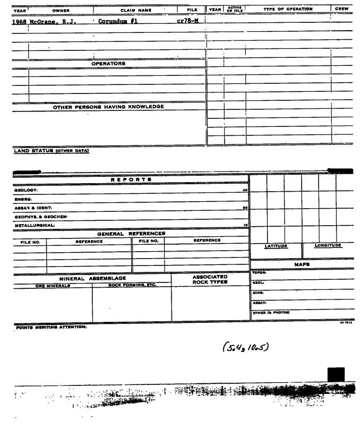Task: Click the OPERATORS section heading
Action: pos(108,63)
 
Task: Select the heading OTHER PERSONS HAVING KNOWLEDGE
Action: pos(109,106)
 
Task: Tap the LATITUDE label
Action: pos(276,246)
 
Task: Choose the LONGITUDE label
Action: pos(328,245)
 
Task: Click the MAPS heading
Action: pos(301,264)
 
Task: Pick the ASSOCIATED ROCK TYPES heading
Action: pos(211,280)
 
